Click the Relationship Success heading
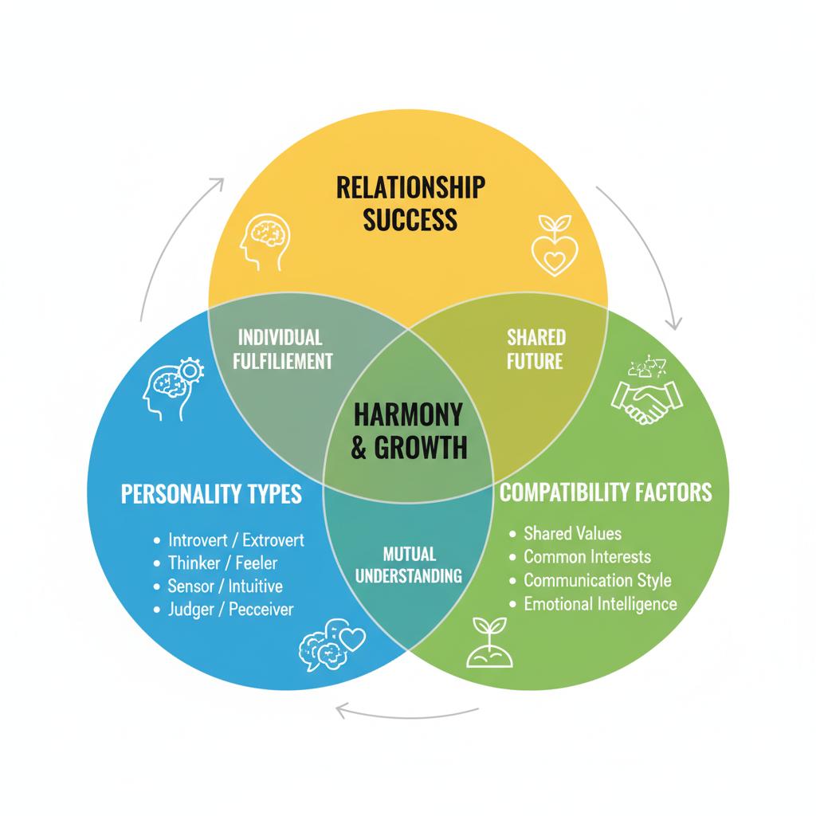tap(410, 202)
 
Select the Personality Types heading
tap(211, 493)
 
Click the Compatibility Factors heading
tap(606, 492)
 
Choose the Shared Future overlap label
tap(535, 349)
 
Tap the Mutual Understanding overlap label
tap(409, 564)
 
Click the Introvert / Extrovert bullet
tap(236, 539)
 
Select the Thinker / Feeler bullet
tap(222, 563)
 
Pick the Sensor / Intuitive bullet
tap(225, 586)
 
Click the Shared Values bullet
tap(572, 533)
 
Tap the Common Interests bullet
tap(586, 556)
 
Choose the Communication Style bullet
tap(597, 580)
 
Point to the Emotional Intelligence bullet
tap(599, 603)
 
